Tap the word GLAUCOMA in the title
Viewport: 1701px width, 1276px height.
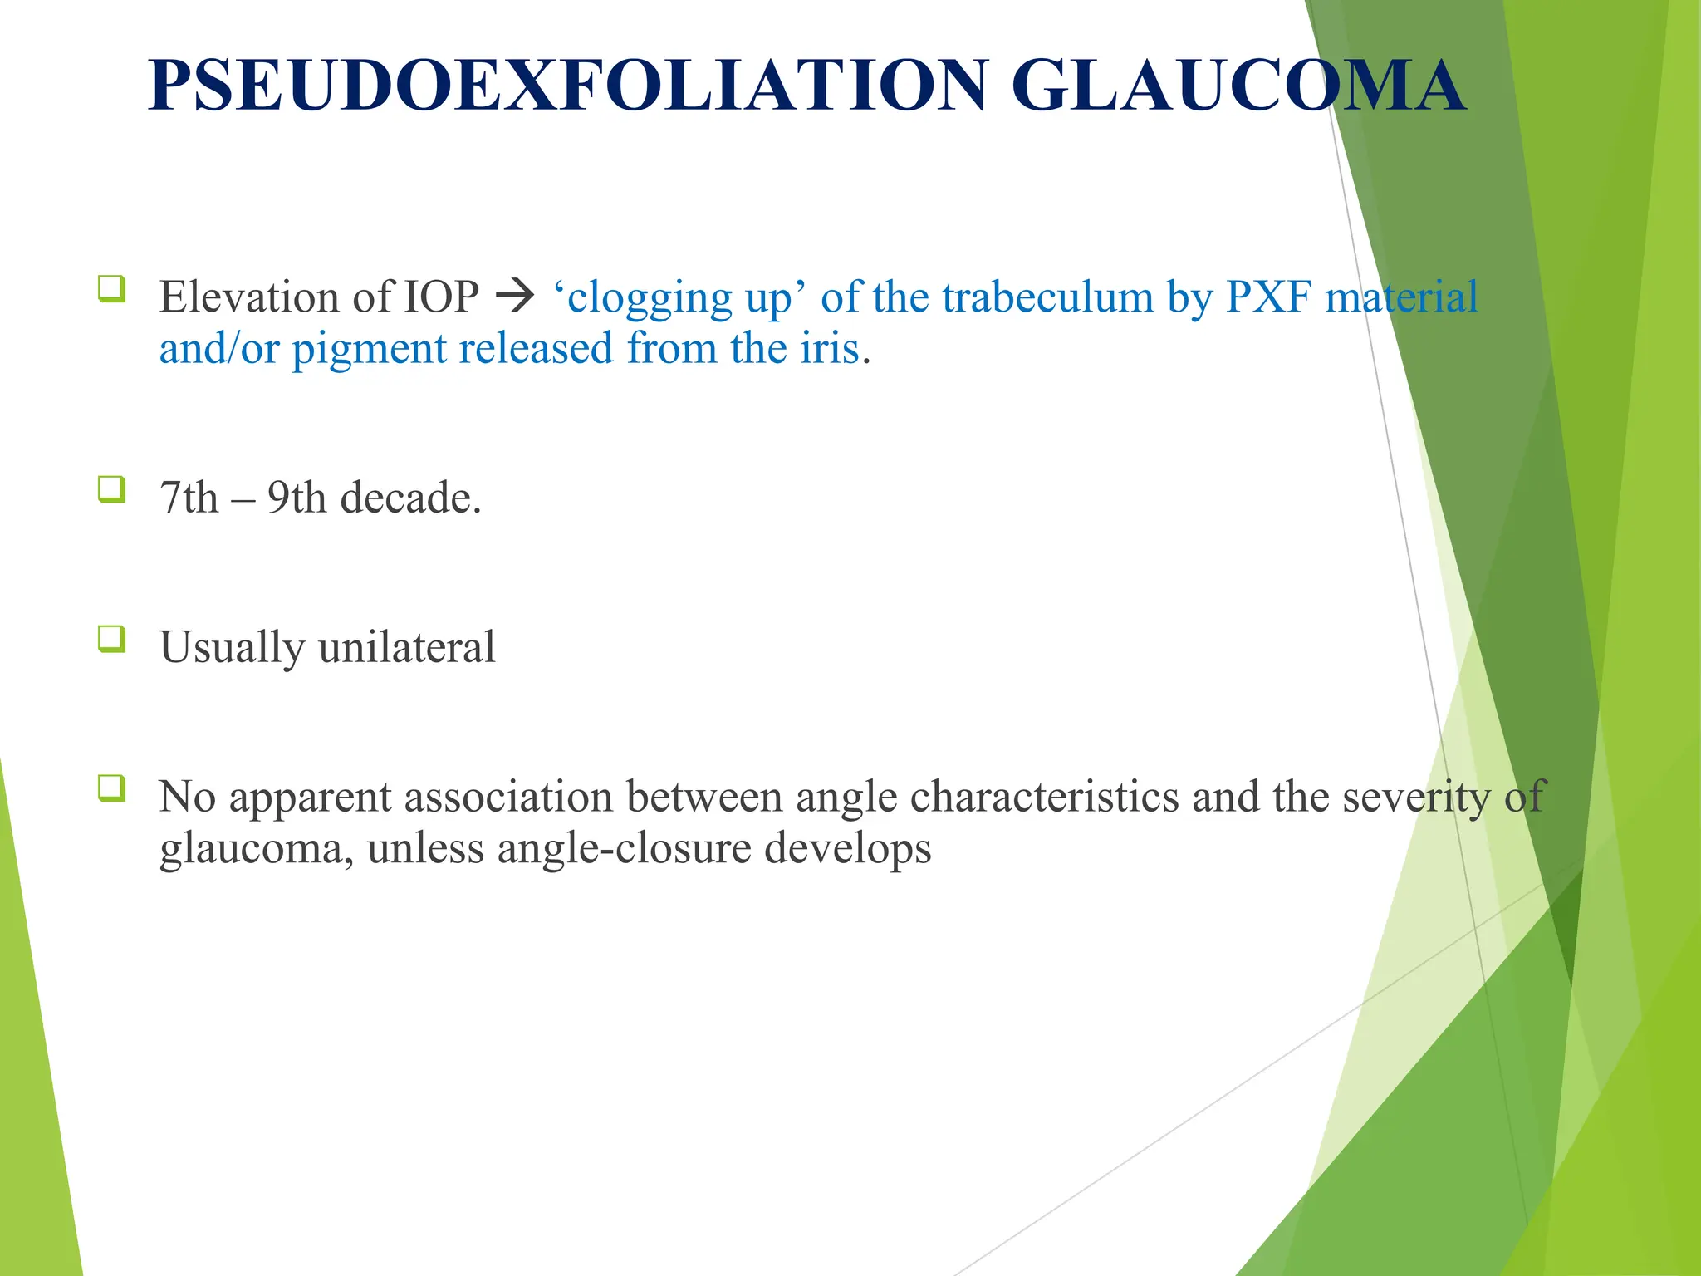coord(1238,86)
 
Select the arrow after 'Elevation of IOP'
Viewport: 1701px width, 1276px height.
coord(515,297)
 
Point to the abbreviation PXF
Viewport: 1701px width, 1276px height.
coord(1268,297)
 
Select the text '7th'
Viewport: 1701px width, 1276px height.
coord(189,498)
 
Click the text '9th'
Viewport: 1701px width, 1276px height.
coord(297,498)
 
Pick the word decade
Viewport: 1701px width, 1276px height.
coord(410,498)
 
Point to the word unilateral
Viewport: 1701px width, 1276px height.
coord(407,647)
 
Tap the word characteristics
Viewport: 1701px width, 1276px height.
coord(1044,797)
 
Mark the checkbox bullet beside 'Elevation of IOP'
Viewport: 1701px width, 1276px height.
coord(112,288)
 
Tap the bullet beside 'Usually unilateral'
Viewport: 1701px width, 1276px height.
coord(112,639)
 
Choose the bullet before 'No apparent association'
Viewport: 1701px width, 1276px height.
coord(112,788)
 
